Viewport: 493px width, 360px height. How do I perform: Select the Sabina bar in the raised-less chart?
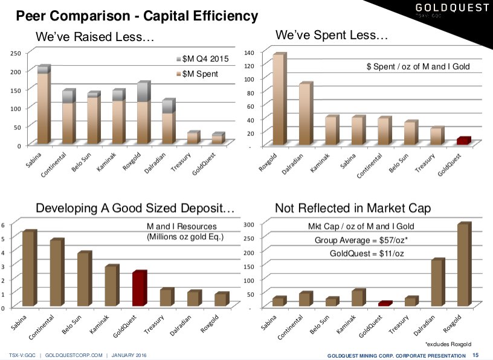click(43, 106)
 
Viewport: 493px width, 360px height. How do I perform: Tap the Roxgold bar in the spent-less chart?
click(279, 100)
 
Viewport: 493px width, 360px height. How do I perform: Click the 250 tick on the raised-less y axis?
click(16, 54)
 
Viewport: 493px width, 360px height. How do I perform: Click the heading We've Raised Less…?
click(95, 37)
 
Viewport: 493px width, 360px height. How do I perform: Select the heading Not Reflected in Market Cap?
click(352, 208)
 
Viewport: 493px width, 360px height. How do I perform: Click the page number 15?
click(475, 355)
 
